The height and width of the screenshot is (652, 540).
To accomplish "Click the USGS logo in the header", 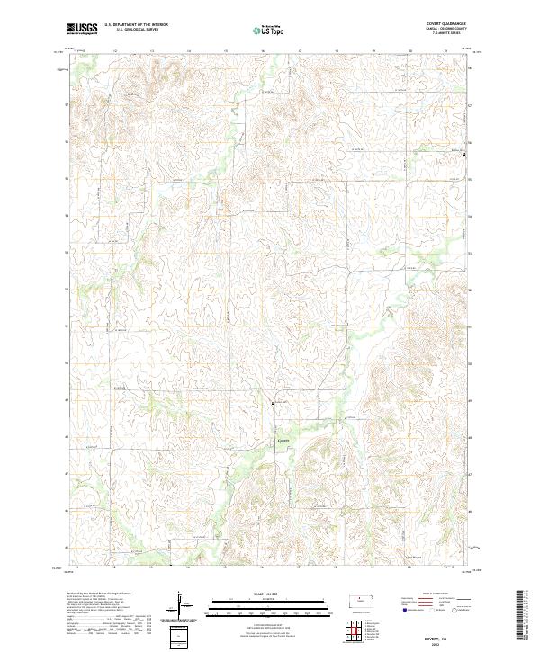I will click(82, 30).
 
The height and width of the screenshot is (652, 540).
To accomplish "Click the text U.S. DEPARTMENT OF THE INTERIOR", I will click(136, 24).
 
